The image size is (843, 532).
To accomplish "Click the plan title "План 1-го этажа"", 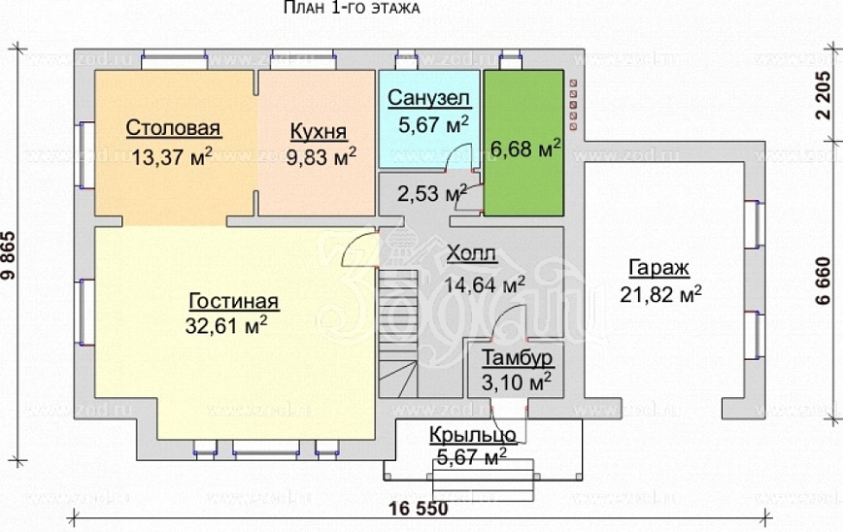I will click(x=351, y=9).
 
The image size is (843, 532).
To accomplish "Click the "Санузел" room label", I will click(x=428, y=99).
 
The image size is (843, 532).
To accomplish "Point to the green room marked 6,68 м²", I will click(x=525, y=148).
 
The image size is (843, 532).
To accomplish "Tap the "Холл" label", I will click(x=472, y=255).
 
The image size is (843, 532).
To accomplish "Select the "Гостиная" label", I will click(x=234, y=300).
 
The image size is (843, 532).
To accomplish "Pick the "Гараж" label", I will click(x=659, y=267).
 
